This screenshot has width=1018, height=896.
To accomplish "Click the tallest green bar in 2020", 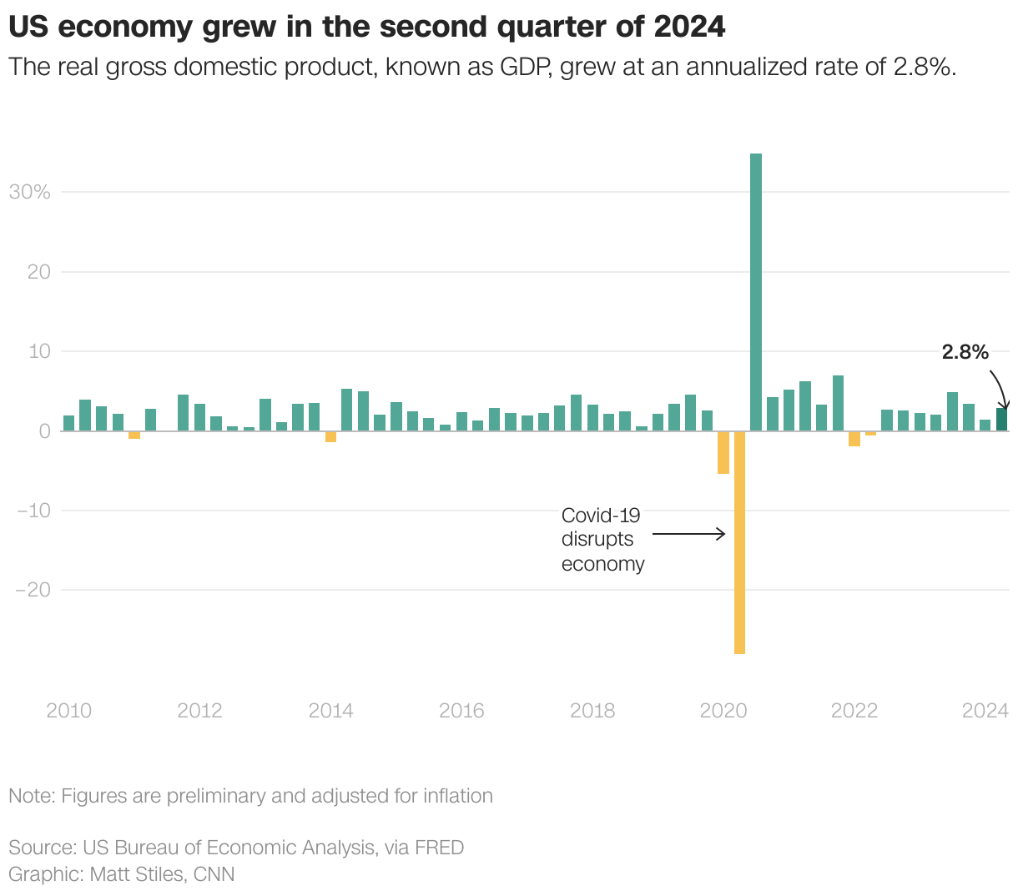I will click(x=756, y=292).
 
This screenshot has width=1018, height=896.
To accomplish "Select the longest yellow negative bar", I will click(x=739, y=542).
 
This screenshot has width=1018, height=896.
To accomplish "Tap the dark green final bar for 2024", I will click(x=1001, y=420).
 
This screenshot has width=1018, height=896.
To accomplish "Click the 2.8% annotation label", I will click(x=965, y=352).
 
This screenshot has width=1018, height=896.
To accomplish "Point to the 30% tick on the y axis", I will click(x=30, y=192).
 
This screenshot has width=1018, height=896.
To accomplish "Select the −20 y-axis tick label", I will click(x=33, y=590).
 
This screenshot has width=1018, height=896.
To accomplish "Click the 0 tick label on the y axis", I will click(x=44, y=431).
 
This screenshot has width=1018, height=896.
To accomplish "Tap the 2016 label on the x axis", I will click(x=461, y=711).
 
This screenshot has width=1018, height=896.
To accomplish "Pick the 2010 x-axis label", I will click(x=69, y=711).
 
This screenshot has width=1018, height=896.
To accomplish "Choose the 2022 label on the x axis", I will click(x=854, y=711).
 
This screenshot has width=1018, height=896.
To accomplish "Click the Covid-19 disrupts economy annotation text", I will click(x=602, y=539).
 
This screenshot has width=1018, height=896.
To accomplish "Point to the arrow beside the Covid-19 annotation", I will click(x=689, y=534).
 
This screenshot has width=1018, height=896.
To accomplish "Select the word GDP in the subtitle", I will click(x=523, y=67).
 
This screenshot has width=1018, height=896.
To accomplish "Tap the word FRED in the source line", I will click(x=439, y=848).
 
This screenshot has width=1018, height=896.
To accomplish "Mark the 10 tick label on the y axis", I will click(x=40, y=351).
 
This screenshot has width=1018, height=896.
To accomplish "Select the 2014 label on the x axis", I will click(x=331, y=711).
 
